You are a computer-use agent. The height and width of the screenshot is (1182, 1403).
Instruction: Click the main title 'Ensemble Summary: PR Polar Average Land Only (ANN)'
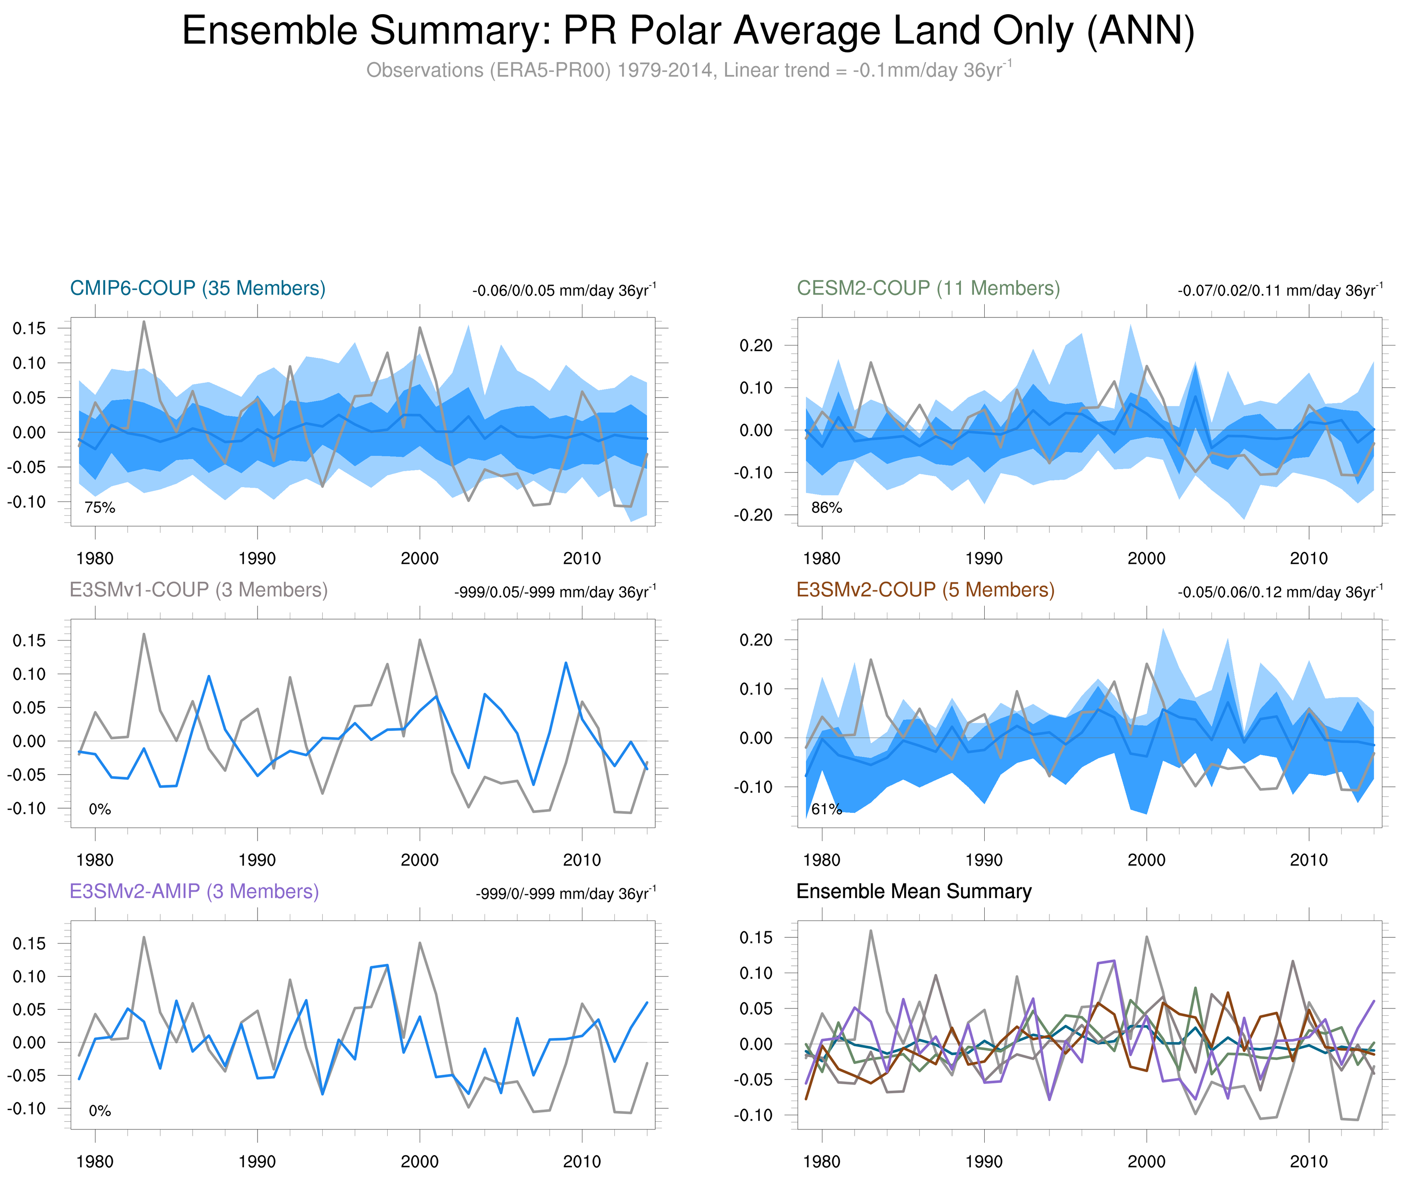(x=688, y=31)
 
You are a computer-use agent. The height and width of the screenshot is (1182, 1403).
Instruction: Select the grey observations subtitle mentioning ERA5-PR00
(x=688, y=70)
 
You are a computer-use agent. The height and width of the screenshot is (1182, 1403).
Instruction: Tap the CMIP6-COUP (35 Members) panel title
(x=198, y=288)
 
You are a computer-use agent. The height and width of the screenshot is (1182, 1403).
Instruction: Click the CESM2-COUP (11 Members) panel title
(x=928, y=288)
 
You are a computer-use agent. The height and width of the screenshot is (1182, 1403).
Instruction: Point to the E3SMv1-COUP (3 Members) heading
(x=198, y=590)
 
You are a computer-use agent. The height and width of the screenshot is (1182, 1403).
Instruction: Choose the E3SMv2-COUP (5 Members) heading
(x=925, y=590)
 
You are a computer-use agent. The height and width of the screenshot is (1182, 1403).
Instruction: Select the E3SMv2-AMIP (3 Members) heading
(x=194, y=891)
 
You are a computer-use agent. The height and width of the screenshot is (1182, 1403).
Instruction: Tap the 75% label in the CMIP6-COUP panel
(x=100, y=508)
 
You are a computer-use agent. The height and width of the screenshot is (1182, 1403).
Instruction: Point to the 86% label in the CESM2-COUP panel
(x=826, y=508)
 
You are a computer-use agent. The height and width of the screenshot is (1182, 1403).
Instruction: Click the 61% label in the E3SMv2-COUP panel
(x=826, y=809)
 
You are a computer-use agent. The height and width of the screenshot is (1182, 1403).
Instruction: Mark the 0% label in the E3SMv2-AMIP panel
(x=100, y=1111)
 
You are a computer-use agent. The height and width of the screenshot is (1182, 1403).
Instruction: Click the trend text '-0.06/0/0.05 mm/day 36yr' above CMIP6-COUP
(x=563, y=291)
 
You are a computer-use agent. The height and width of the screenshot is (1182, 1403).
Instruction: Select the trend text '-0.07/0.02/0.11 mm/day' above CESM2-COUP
(x=1279, y=291)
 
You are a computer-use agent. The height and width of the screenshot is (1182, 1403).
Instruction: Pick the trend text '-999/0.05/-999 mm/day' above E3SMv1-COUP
(x=555, y=592)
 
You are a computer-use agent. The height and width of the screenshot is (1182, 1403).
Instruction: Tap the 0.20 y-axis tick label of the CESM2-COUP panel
(x=756, y=346)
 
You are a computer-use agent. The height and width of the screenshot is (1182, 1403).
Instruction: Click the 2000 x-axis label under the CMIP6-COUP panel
(x=420, y=558)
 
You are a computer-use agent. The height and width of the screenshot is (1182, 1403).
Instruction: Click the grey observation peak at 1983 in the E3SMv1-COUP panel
(x=144, y=634)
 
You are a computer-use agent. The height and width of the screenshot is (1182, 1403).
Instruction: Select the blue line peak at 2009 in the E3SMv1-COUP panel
(x=566, y=663)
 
